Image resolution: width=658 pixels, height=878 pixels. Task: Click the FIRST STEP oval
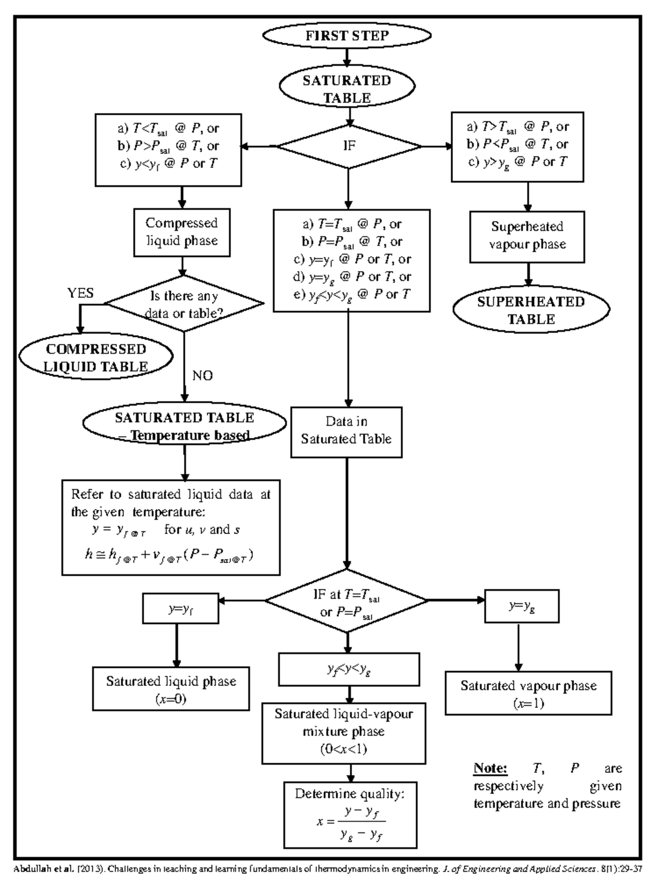point(347,36)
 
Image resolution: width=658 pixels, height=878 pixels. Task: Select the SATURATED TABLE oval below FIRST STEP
point(347,89)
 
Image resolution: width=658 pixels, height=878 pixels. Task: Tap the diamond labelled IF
point(349,146)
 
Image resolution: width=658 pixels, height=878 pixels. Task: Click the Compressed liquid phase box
point(182,232)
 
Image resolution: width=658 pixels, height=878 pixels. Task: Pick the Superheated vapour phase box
point(527,236)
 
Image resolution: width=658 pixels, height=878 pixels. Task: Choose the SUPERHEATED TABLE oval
point(531,310)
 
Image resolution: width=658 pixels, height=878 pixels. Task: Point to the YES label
point(81,293)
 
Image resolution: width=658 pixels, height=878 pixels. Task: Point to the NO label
point(202,376)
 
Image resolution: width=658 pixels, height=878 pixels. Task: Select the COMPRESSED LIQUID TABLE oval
point(96,358)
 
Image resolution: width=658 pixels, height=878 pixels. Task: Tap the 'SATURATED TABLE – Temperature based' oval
point(185,426)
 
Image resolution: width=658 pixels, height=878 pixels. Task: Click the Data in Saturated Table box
point(347,431)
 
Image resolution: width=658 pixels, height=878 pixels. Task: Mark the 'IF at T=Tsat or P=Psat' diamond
point(347,602)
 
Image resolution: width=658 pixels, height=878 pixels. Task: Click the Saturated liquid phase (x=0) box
point(171,689)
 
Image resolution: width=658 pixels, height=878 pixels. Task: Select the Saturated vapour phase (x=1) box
point(528,693)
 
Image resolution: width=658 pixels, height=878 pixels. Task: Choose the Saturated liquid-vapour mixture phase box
point(344,731)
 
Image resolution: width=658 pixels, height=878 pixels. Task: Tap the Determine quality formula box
point(350,814)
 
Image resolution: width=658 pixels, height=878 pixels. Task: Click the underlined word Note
point(491,768)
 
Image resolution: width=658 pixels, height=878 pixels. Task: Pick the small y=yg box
point(521,606)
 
